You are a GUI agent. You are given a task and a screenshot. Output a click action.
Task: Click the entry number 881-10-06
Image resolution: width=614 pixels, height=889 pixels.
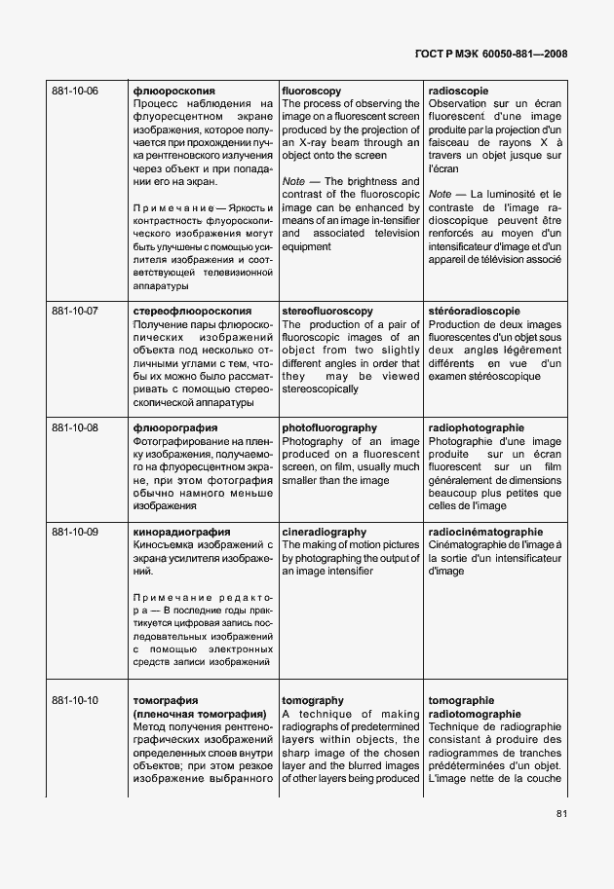coord(75,91)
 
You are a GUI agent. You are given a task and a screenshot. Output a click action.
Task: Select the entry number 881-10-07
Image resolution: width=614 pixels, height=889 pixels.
coord(75,312)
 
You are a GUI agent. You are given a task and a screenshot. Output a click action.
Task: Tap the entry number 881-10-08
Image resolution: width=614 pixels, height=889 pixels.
coord(75,427)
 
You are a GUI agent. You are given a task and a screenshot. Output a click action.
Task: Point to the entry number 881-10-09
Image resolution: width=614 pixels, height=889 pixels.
coord(75,532)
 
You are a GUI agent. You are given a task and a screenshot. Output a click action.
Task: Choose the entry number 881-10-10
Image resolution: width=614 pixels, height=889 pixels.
coord(75,700)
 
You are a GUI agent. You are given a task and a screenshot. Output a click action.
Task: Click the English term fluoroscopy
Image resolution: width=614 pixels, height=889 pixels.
coord(312,91)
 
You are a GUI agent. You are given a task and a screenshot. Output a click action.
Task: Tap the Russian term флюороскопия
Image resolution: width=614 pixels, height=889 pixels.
coord(173,91)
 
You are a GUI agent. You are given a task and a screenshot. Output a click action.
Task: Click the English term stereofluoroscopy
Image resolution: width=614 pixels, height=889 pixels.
coord(327,312)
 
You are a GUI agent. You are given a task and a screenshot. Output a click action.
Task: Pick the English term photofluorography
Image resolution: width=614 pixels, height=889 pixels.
coord(329,427)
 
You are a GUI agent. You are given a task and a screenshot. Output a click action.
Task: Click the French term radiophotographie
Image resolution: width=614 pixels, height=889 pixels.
coord(477,427)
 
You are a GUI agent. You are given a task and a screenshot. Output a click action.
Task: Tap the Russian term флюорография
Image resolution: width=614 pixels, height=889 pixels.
coord(175,427)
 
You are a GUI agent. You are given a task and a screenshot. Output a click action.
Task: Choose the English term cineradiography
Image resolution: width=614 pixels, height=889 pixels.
coord(324,532)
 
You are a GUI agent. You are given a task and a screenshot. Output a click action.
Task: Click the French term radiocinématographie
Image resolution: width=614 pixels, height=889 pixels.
coord(485,532)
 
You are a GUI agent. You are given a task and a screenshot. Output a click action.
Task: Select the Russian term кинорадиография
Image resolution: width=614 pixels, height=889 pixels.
coord(181,532)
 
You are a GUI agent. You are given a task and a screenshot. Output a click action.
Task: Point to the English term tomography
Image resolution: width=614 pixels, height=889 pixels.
coord(313,700)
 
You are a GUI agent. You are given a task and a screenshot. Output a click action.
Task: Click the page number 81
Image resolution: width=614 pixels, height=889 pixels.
coord(561,814)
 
